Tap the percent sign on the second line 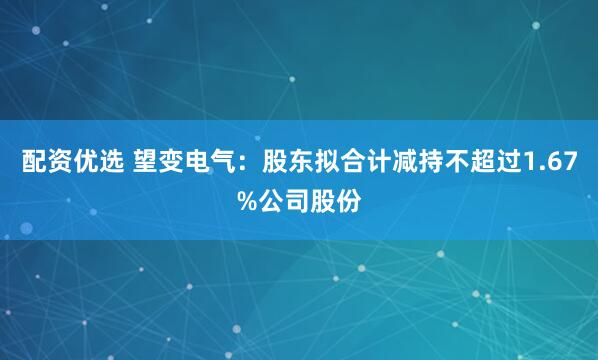click(246, 199)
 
